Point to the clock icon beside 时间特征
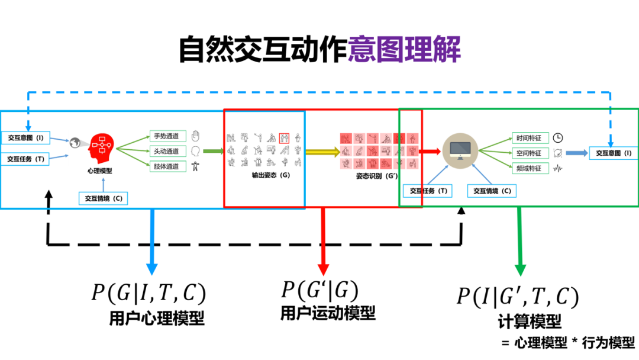(558, 138)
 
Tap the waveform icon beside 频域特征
(558, 168)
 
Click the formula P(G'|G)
(319, 290)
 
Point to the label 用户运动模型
(328, 313)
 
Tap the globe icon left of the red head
(75, 142)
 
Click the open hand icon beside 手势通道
(196, 136)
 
